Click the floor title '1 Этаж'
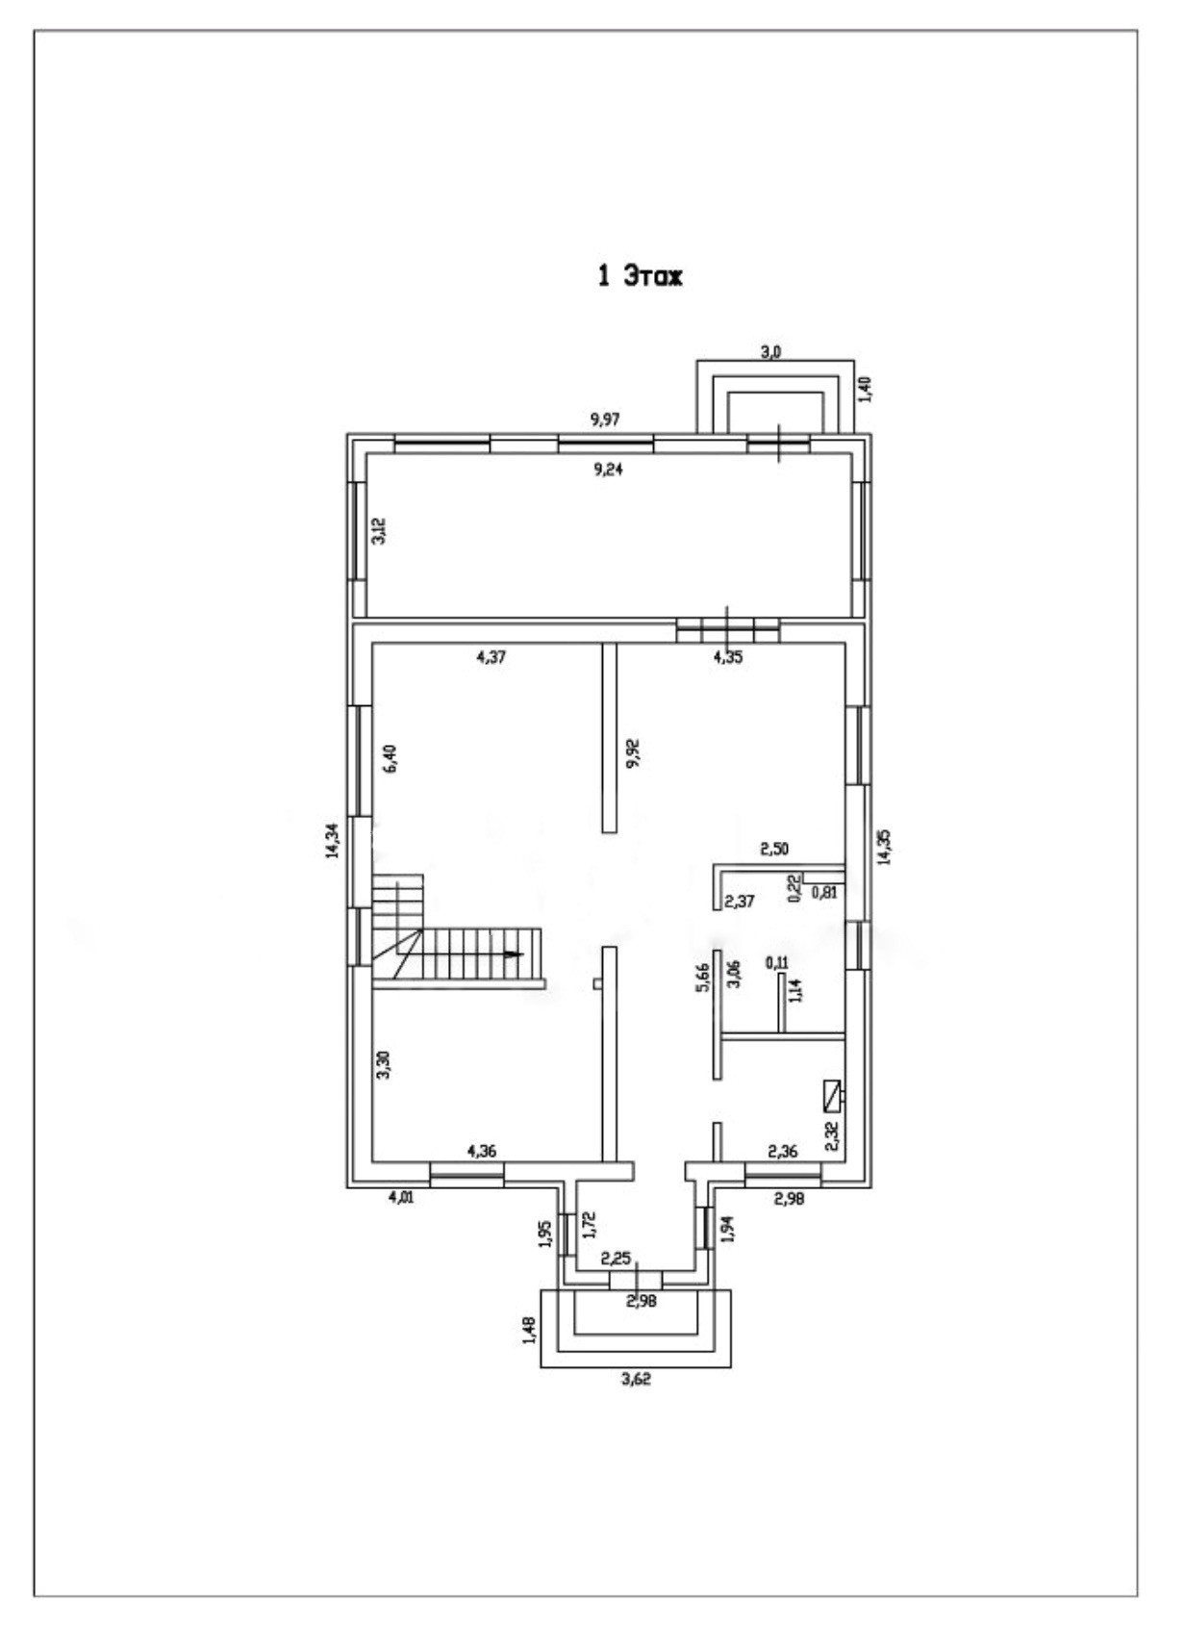[x=640, y=277]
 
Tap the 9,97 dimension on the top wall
[x=605, y=420]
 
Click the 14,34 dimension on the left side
[x=332, y=840]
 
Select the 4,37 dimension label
[x=491, y=658]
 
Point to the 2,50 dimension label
[x=774, y=849]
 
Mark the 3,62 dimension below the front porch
[x=635, y=1379]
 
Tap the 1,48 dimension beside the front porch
[x=529, y=1329]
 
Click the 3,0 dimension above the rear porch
[x=770, y=352]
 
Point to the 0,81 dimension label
[x=824, y=892]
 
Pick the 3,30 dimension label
[x=383, y=1065]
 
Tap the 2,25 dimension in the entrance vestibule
[x=616, y=1258]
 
